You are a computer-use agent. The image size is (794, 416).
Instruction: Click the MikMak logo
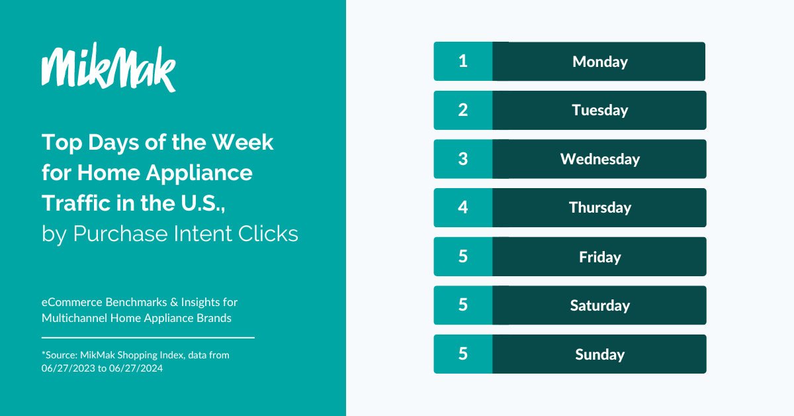[x=109, y=67]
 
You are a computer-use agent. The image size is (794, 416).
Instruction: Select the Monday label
[x=599, y=62]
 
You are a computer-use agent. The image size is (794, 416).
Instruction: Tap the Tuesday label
[x=599, y=110]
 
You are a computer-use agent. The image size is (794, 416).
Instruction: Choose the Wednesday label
[x=599, y=159]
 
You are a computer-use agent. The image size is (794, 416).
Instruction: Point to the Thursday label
[x=599, y=207]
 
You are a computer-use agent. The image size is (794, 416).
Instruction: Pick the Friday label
[x=599, y=257]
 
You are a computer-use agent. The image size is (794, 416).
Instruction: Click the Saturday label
[x=599, y=305]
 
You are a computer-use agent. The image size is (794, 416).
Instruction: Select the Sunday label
[x=599, y=354]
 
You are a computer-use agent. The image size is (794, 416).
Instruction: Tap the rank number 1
[x=463, y=61]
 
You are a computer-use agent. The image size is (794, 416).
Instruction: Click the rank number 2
[x=463, y=110]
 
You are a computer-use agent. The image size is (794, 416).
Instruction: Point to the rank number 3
[x=463, y=159]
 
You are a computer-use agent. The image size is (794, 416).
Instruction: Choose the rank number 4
[x=463, y=207]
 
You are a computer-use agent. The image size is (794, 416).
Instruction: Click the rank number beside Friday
[x=463, y=256]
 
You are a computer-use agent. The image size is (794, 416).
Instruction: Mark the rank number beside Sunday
[x=463, y=354]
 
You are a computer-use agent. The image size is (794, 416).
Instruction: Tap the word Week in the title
[x=243, y=142]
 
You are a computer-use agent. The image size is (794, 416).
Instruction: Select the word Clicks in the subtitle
[x=268, y=234]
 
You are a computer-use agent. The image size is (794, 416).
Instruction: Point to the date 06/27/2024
[x=136, y=368]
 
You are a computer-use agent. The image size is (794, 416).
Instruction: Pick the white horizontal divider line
[x=148, y=338]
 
